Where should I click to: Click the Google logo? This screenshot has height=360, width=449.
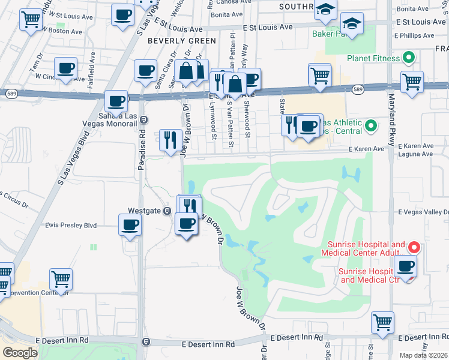tap(20, 353)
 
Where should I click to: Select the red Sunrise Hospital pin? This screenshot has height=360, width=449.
tap(413, 247)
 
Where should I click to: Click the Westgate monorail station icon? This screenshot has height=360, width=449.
tap(167, 211)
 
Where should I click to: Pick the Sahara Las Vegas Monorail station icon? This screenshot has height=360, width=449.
tap(143, 119)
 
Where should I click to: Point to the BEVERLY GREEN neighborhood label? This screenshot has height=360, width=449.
tap(181, 41)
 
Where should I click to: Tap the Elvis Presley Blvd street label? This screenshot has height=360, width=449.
tap(71, 226)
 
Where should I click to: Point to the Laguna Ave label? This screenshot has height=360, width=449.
tap(419, 154)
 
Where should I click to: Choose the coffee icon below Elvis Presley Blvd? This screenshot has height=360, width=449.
tap(130, 226)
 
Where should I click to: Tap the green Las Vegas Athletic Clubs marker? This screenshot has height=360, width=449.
tap(370, 126)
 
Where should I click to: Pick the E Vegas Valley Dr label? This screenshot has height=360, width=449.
tap(423, 212)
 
